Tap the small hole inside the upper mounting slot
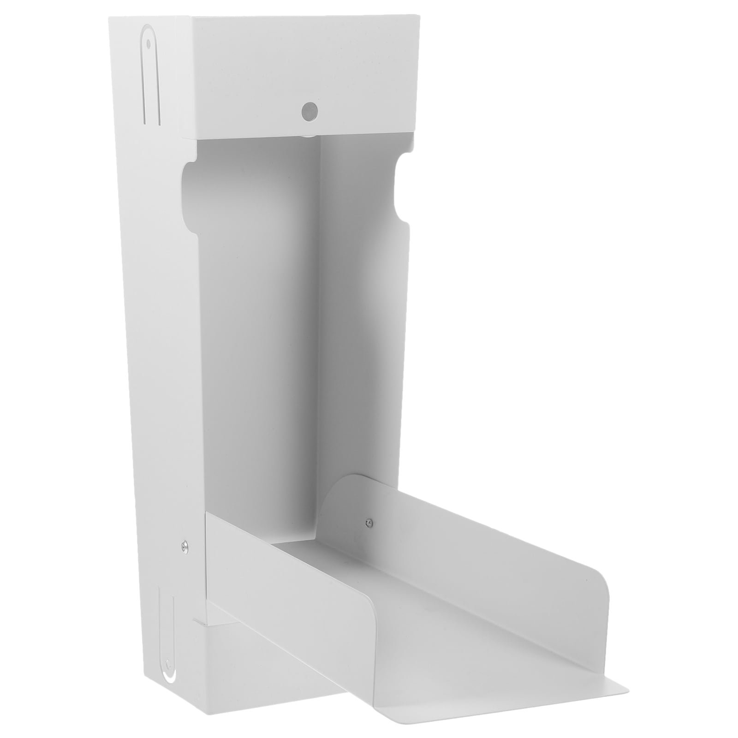pos(149,45)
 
